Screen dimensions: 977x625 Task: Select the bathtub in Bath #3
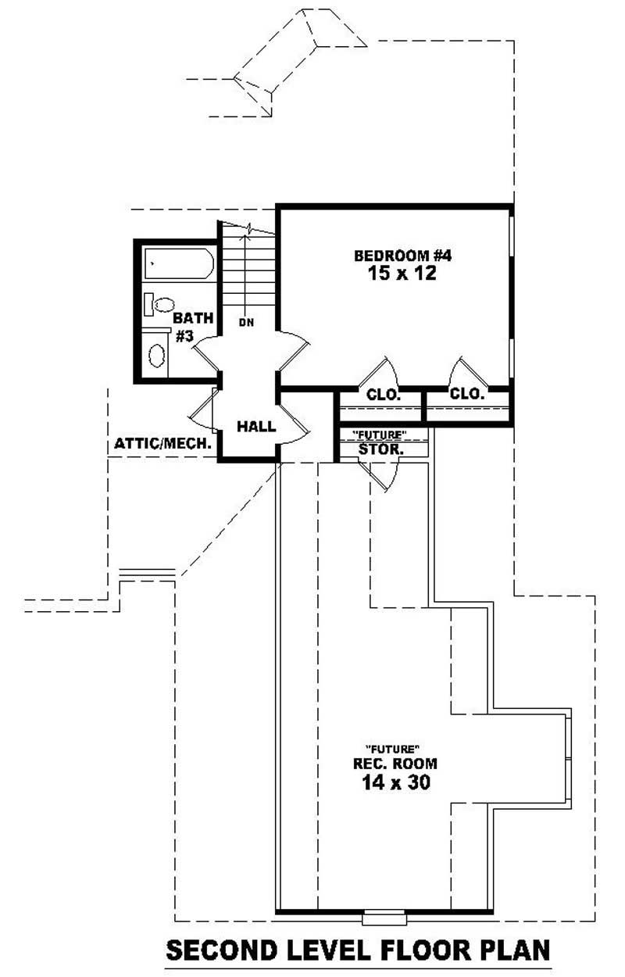178,264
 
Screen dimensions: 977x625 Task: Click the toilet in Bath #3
161,305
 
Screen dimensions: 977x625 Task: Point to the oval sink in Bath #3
157,356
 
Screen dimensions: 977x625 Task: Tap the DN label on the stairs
246,321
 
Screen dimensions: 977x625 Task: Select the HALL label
256,426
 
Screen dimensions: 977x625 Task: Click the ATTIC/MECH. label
164,443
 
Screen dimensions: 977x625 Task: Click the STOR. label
380,449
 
